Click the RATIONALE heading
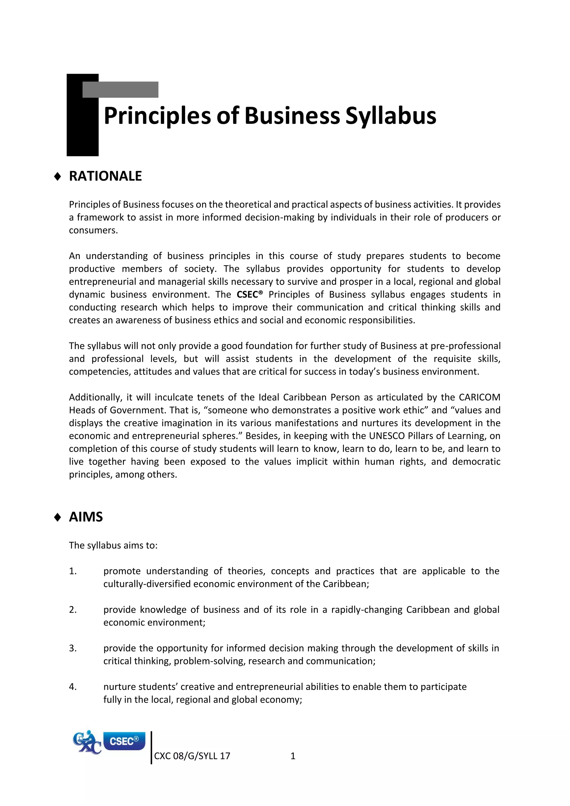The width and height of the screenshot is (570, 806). (x=105, y=176)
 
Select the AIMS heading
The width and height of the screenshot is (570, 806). (x=86, y=517)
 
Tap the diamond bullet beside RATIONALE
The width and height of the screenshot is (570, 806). (x=58, y=176)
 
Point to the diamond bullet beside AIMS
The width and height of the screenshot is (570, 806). (x=58, y=517)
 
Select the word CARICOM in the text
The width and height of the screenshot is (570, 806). (x=480, y=397)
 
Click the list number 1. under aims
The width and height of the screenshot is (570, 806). (x=73, y=571)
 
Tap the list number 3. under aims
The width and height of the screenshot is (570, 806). (x=73, y=648)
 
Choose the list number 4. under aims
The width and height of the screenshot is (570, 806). (x=73, y=687)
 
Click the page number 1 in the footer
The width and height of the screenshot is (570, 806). (x=293, y=756)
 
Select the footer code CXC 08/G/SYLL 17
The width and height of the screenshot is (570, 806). (x=192, y=756)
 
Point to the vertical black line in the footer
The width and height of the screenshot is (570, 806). (x=151, y=748)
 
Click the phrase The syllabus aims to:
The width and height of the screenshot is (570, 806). (x=113, y=545)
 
